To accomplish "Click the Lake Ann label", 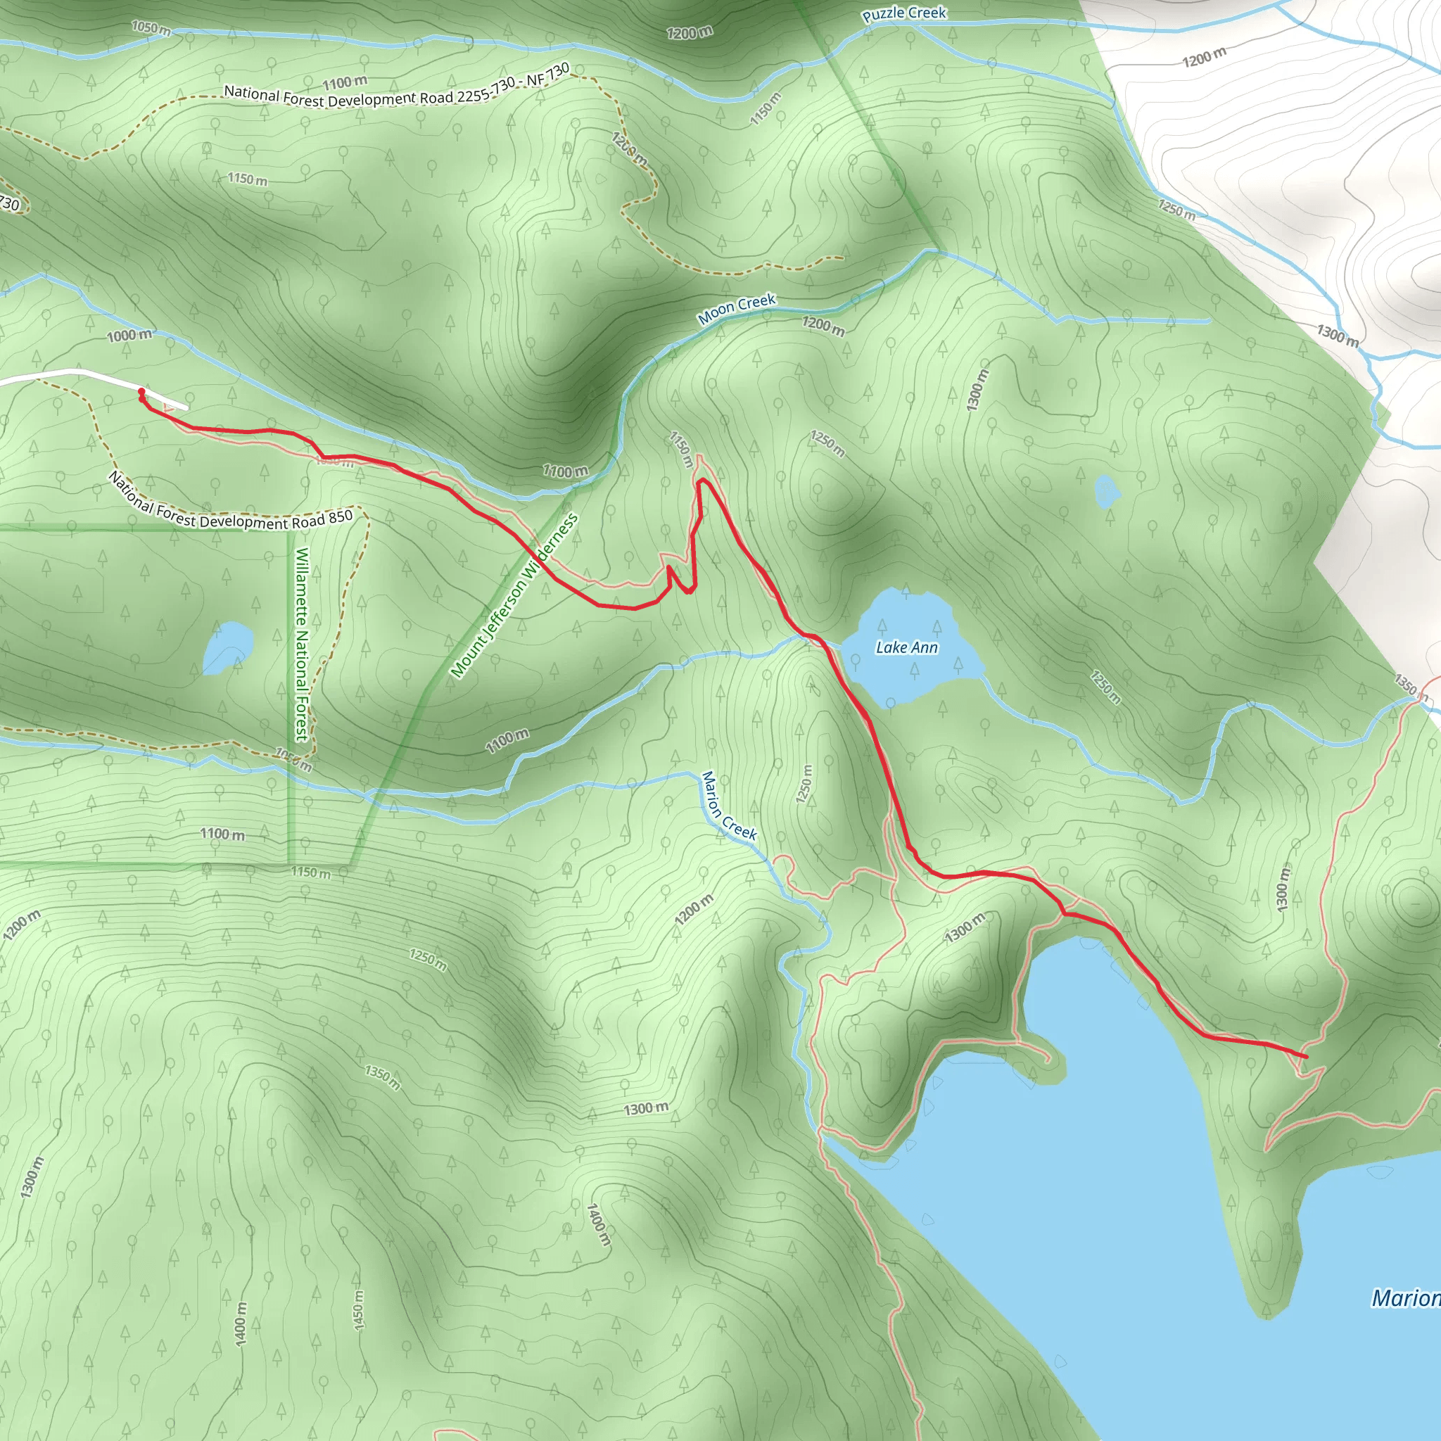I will (906, 647).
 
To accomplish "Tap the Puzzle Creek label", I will (904, 13).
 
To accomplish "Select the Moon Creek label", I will (737, 309).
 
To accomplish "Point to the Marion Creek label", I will (728, 806).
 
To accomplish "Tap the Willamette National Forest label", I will (302, 645).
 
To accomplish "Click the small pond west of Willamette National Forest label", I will (227, 647).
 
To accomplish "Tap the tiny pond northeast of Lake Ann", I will (1106, 491).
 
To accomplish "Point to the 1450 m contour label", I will (359, 1309).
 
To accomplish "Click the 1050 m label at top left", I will (151, 28).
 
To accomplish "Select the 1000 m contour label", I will (129, 336).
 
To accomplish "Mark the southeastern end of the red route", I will (1306, 1057).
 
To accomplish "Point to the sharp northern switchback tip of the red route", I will (701, 482).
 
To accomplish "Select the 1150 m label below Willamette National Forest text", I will (310, 872).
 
